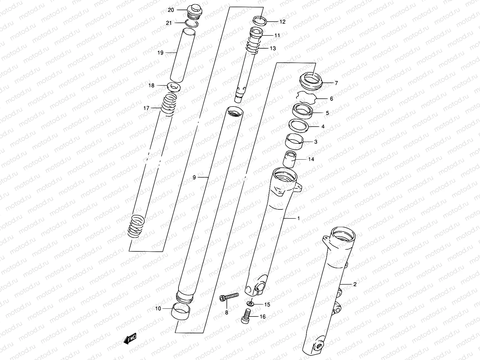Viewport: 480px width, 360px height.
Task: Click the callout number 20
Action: pos(171,10)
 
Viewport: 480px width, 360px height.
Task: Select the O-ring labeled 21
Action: pos(190,24)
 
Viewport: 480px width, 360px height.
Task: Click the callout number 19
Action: pos(160,53)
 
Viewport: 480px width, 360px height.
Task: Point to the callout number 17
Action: pos(146,108)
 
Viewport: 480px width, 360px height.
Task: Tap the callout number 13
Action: pos(272,48)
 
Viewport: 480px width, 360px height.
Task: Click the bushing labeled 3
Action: pos(294,141)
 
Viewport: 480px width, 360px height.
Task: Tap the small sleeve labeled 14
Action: pos(290,159)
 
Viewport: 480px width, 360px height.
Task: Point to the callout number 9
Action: pos(194,178)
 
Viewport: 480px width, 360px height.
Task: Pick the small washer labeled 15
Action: pos(250,304)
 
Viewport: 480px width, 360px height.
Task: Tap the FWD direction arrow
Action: pos(130,339)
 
